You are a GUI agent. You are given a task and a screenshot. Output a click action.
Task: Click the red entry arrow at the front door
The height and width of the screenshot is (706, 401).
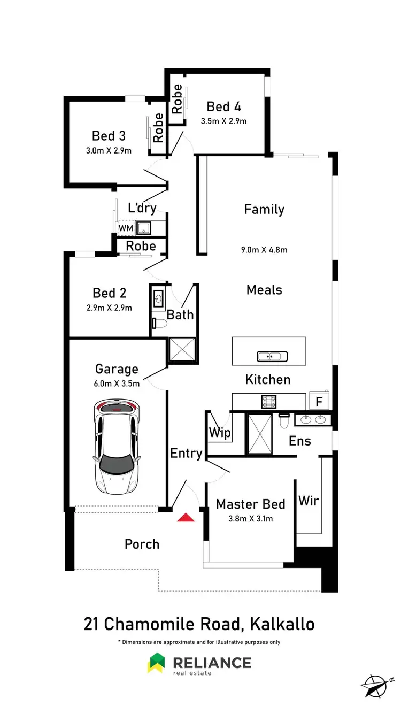[x=186, y=517]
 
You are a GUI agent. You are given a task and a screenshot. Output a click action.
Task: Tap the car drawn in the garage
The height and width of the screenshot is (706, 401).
[x=116, y=448]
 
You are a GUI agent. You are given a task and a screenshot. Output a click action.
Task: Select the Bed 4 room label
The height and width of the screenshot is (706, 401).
[x=223, y=106]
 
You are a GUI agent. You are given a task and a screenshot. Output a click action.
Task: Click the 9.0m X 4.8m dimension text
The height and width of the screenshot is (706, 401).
[x=264, y=249]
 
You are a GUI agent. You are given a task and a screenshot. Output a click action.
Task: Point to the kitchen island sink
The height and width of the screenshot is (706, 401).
[x=272, y=356]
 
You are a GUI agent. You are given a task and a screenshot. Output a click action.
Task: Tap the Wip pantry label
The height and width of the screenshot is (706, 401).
[x=219, y=432]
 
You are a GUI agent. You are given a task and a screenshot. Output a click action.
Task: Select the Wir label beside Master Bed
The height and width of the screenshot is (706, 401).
[x=309, y=501]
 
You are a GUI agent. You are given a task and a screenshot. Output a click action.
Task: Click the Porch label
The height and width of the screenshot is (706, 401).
[x=142, y=544]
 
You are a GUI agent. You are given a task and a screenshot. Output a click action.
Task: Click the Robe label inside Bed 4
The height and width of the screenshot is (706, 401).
[x=177, y=98]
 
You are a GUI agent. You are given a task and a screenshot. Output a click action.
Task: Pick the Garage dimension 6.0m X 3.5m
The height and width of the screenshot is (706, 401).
[x=117, y=383]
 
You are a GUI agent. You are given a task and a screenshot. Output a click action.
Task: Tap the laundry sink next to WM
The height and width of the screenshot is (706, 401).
[x=143, y=229]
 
